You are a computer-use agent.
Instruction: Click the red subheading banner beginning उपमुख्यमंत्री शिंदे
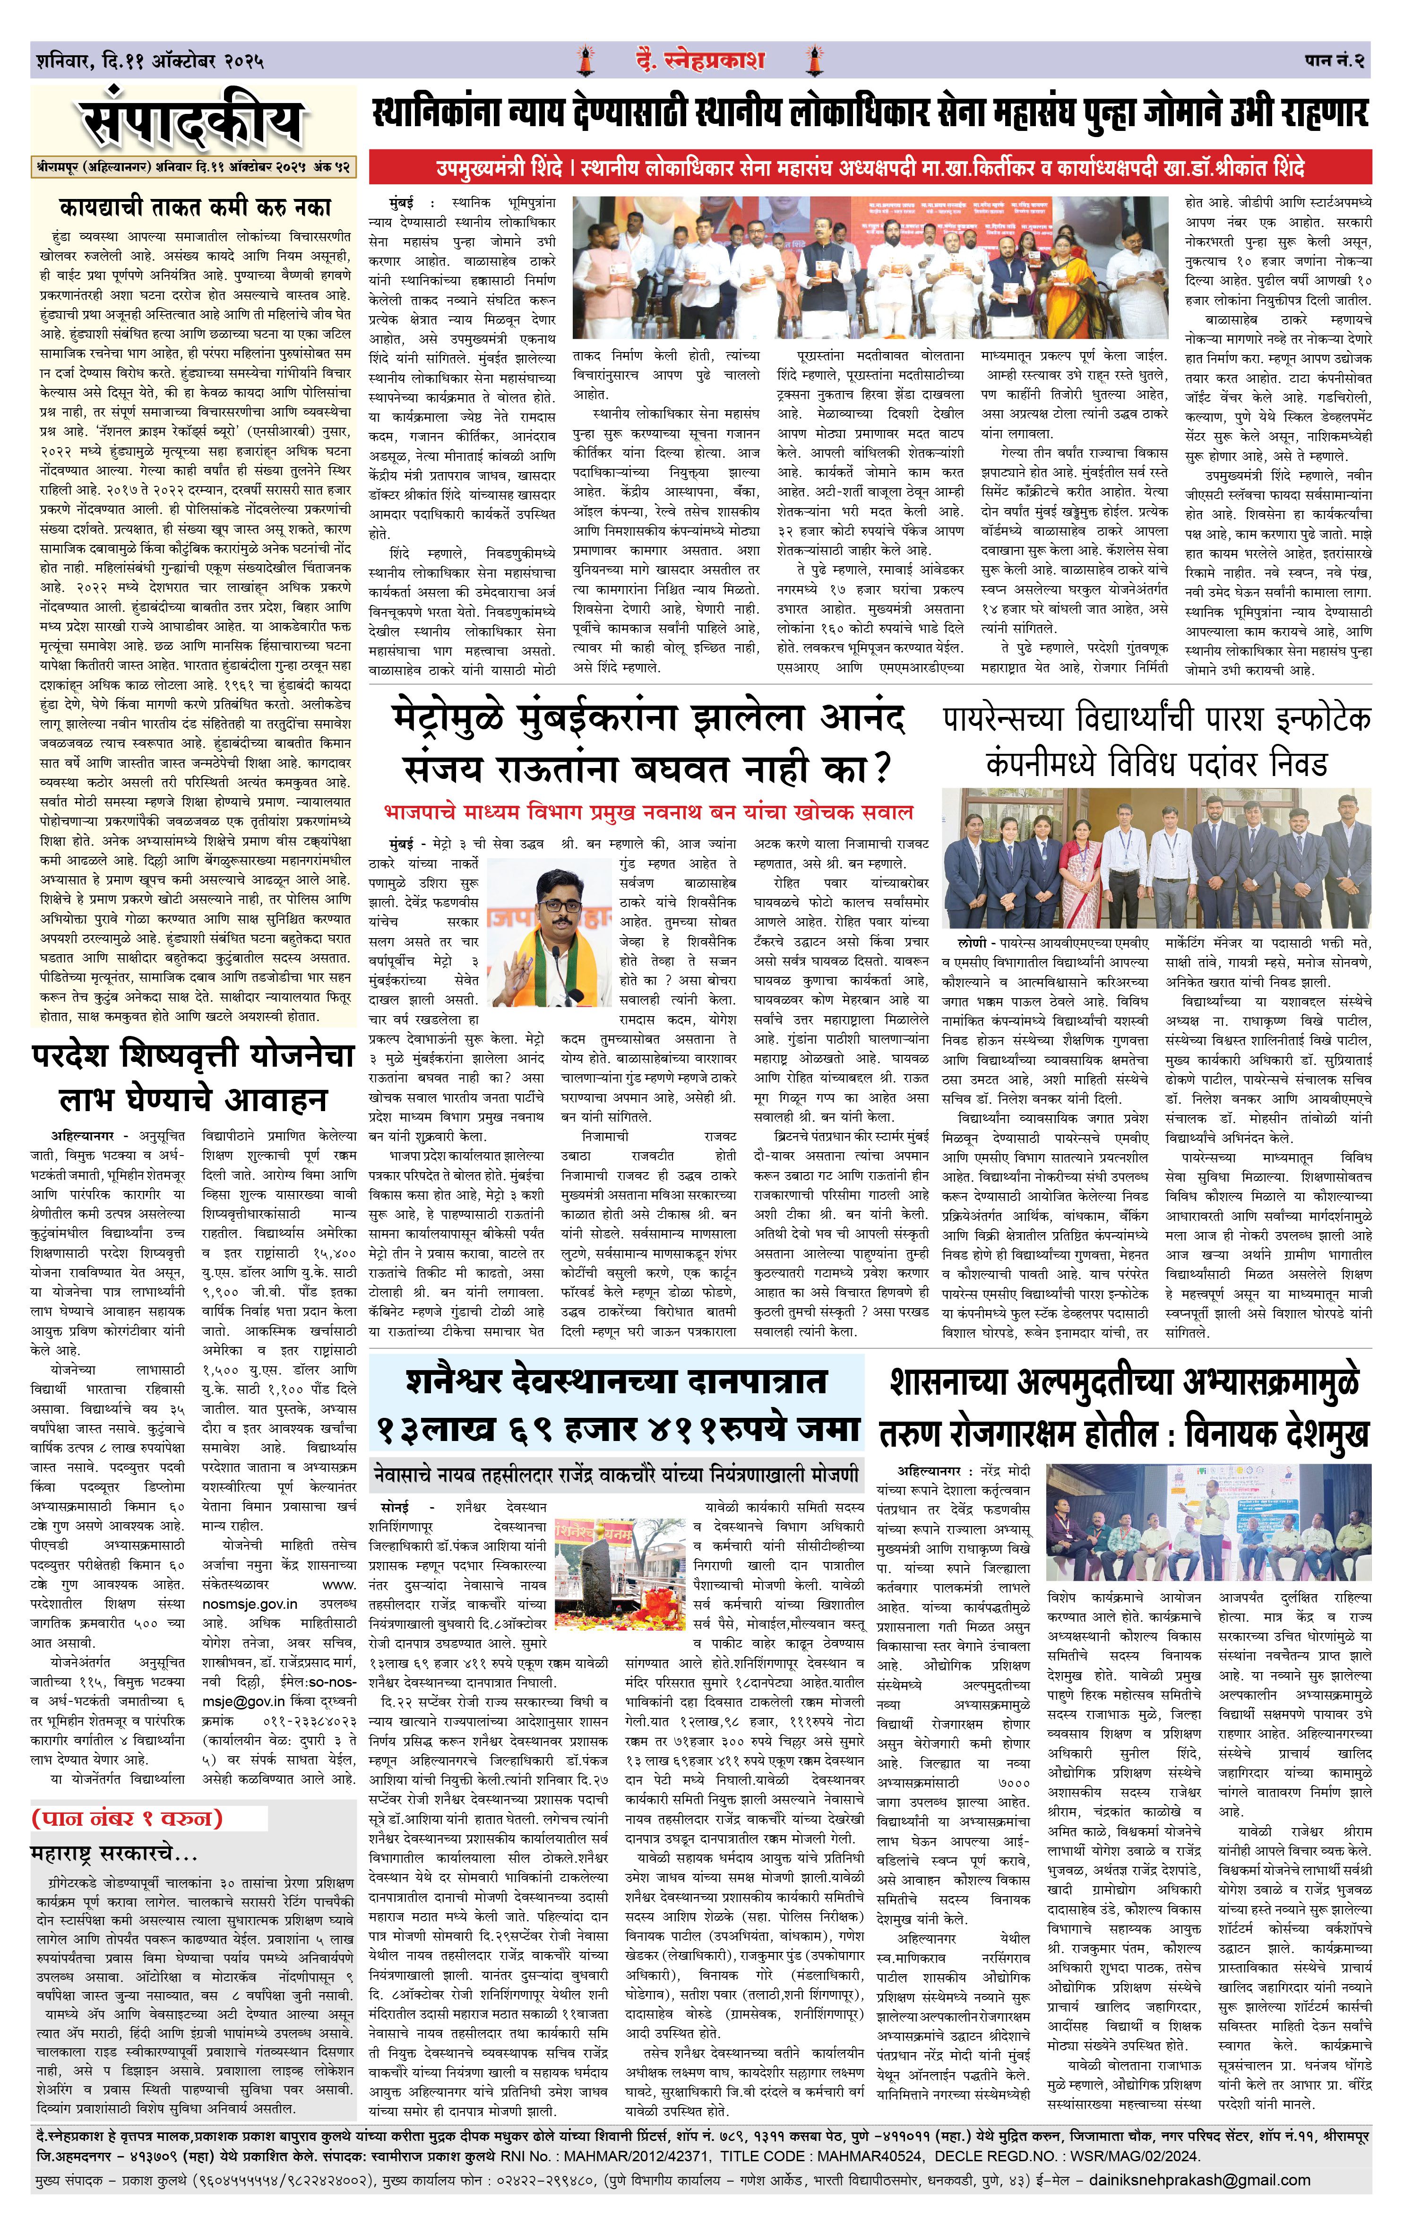(x=870, y=169)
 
